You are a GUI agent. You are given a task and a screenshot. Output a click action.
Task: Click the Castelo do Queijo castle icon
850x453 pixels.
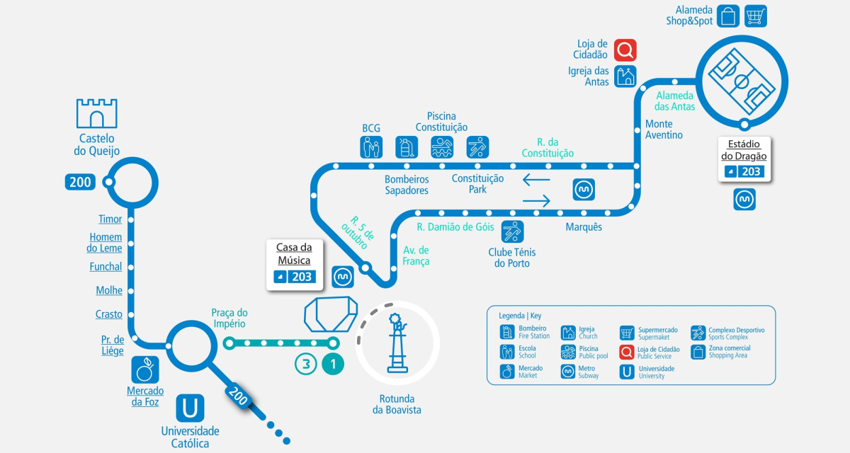tap(96, 113)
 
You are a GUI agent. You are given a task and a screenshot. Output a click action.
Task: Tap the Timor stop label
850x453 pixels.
tap(110, 219)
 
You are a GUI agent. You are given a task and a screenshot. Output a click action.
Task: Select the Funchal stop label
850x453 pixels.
tap(106, 267)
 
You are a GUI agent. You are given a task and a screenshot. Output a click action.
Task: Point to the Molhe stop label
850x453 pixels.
tap(109, 290)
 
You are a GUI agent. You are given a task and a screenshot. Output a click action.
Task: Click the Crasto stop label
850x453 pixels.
tap(109, 314)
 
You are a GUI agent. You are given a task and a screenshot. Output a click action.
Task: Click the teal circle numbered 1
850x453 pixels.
tap(333, 365)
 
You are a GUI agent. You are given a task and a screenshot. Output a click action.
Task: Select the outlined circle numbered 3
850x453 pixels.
tap(306, 365)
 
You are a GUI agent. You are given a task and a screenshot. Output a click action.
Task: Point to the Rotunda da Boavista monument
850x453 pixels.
tap(397, 343)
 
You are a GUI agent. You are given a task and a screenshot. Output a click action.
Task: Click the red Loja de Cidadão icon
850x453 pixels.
tap(625, 50)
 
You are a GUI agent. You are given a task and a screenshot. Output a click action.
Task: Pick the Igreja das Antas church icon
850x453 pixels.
tap(625, 76)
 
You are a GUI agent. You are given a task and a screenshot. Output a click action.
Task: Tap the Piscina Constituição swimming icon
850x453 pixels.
tap(442, 147)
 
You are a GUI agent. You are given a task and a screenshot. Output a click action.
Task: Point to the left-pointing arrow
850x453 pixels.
tap(536, 179)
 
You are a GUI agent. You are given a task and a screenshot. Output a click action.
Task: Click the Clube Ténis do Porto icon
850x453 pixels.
tap(512, 231)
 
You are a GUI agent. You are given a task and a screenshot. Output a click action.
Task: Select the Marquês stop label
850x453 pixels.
tap(584, 226)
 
